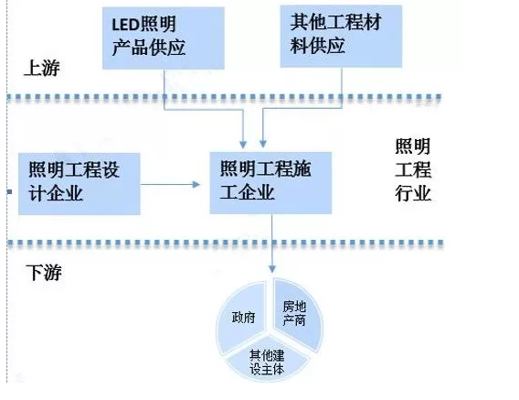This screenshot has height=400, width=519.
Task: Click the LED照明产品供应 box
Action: tap(164, 38)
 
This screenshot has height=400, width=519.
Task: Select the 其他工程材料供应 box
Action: tap(341, 37)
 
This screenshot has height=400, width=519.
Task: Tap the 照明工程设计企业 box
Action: tap(79, 184)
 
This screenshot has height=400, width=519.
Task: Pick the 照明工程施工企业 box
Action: tap(270, 183)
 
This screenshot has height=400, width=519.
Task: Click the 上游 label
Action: tap(42, 69)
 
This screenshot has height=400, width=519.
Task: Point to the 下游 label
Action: tap(44, 273)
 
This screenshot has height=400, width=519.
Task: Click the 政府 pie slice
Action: tap(241, 318)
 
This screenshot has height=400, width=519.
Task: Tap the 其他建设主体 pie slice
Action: tap(267, 360)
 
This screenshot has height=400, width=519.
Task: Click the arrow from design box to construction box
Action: tap(170, 184)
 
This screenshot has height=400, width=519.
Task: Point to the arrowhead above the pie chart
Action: tap(272, 269)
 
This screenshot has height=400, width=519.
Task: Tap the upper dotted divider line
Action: tap(224, 97)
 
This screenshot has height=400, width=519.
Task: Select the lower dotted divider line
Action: tap(225, 243)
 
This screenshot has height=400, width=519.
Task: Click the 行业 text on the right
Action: tap(413, 193)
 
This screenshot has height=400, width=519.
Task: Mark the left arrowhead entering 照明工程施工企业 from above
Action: tap(243, 145)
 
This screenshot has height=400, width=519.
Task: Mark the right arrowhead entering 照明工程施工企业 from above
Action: tap(263, 144)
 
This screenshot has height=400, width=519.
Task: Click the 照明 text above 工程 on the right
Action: tap(413, 146)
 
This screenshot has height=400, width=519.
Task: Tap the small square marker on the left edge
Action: tap(9, 192)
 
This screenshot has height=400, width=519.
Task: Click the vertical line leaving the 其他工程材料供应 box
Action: tap(342, 88)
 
